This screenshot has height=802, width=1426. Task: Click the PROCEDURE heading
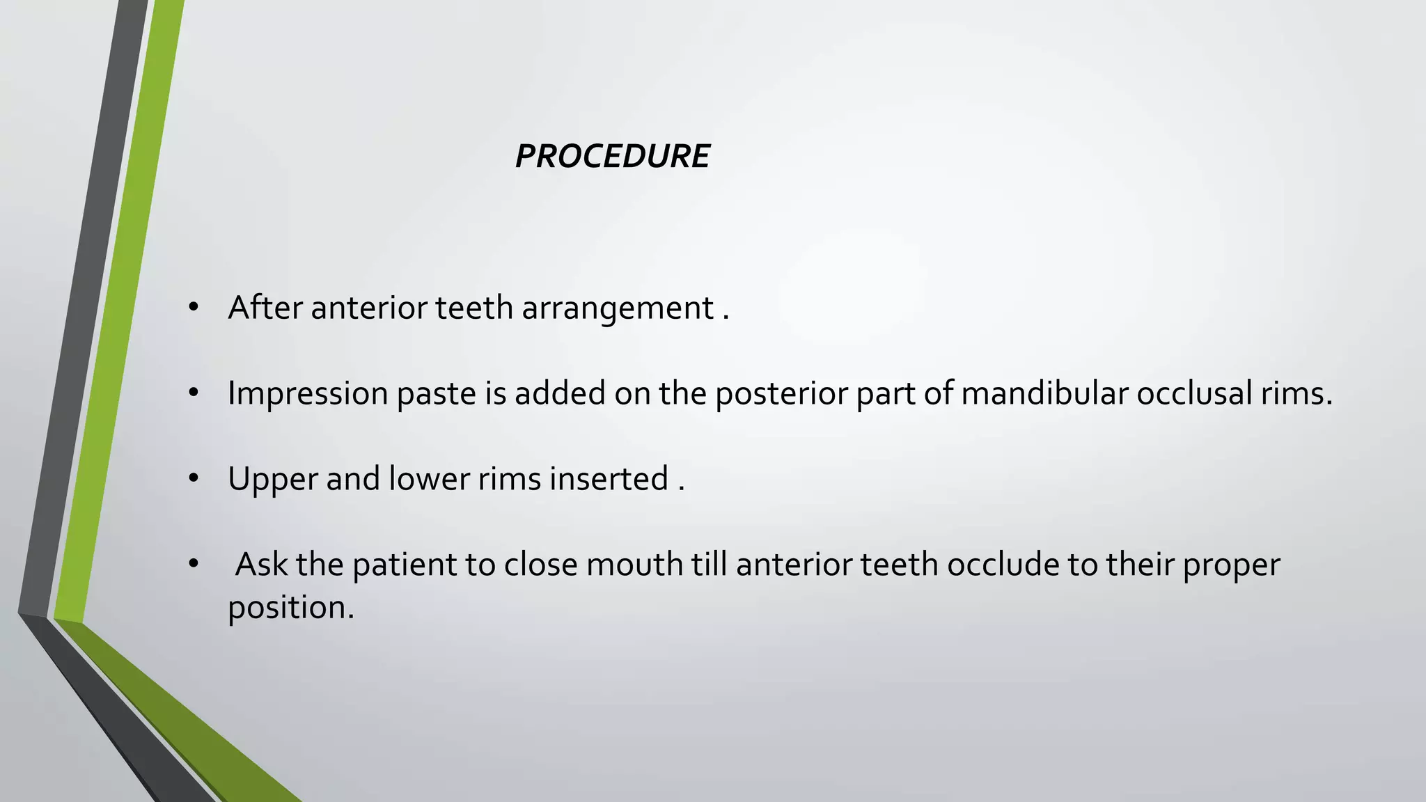click(612, 156)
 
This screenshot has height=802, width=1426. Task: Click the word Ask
click(261, 564)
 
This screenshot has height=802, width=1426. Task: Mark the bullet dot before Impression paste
click(194, 394)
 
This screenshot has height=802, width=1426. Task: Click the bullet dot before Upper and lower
click(194, 479)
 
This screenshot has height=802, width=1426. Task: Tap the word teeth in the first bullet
click(474, 308)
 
